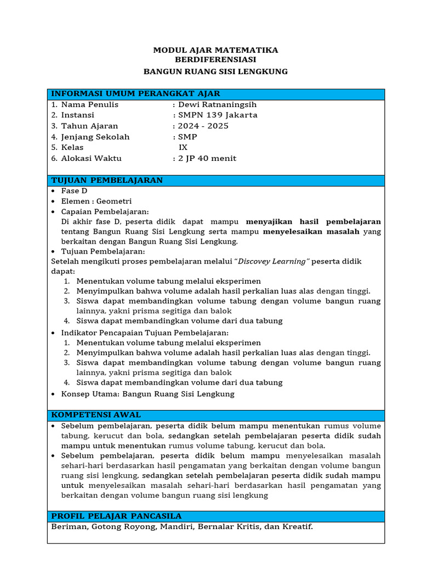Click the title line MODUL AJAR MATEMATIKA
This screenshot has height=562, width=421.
pyautogui.click(x=215, y=50)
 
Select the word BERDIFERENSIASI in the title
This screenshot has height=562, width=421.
pyautogui.click(x=215, y=60)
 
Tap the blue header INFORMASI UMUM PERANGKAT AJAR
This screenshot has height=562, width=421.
pyautogui.click(x=135, y=94)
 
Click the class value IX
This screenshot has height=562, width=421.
pyautogui.click(x=183, y=148)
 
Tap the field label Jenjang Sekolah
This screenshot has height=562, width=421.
pyautogui.click(x=95, y=137)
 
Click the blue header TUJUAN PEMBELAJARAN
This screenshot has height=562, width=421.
pyautogui.click(x=107, y=180)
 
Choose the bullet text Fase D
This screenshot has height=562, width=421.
pyautogui.click(x=74, y=191)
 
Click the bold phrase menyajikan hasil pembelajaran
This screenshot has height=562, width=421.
pyautogui.click(x=314, y=222)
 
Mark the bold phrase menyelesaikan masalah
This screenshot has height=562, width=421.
pyautogui.click(x=311, y=232)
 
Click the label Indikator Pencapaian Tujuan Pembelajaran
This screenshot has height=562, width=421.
pyautogui.click(x=145, y=333)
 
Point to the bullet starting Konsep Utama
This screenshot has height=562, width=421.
pyautogui.click(x=147, y=394)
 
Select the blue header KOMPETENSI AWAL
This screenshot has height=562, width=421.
pyautogui.click(x=96, y=414)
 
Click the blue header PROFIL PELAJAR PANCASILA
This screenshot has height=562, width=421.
pyautogui.click(x=116, y=516)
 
